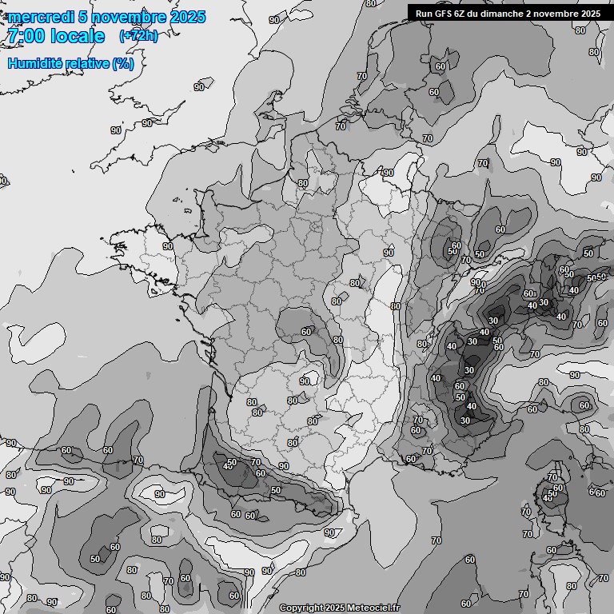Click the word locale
tap(77, 37)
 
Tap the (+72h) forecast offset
tap(138, 36)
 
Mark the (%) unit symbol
tap(123, 63)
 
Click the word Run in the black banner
tap(424, 14)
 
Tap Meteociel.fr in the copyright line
tap(373, 608)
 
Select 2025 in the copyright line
tap(335, 608)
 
